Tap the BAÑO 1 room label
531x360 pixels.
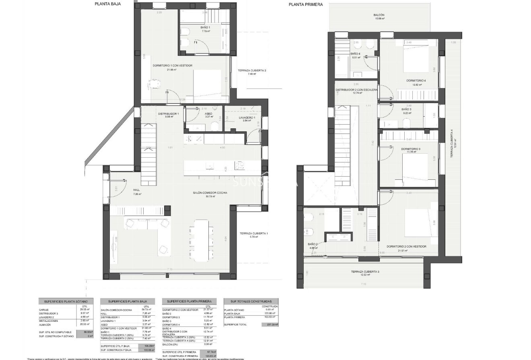205,27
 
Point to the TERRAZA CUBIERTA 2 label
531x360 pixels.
252,71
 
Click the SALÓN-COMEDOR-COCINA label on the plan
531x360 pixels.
210,193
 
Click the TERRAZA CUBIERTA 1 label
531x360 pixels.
253,233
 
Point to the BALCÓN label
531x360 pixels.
379,15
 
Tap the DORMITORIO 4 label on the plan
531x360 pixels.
416,80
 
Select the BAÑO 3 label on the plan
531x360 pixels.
406,109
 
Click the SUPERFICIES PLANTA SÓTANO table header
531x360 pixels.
66,301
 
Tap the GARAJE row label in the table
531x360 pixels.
44,310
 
